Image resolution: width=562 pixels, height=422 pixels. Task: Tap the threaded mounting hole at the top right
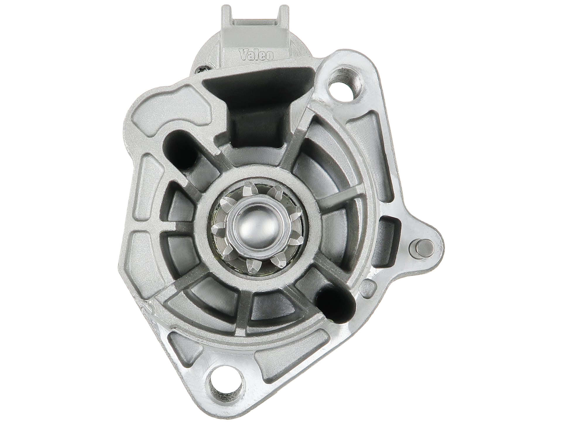[345, 78]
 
